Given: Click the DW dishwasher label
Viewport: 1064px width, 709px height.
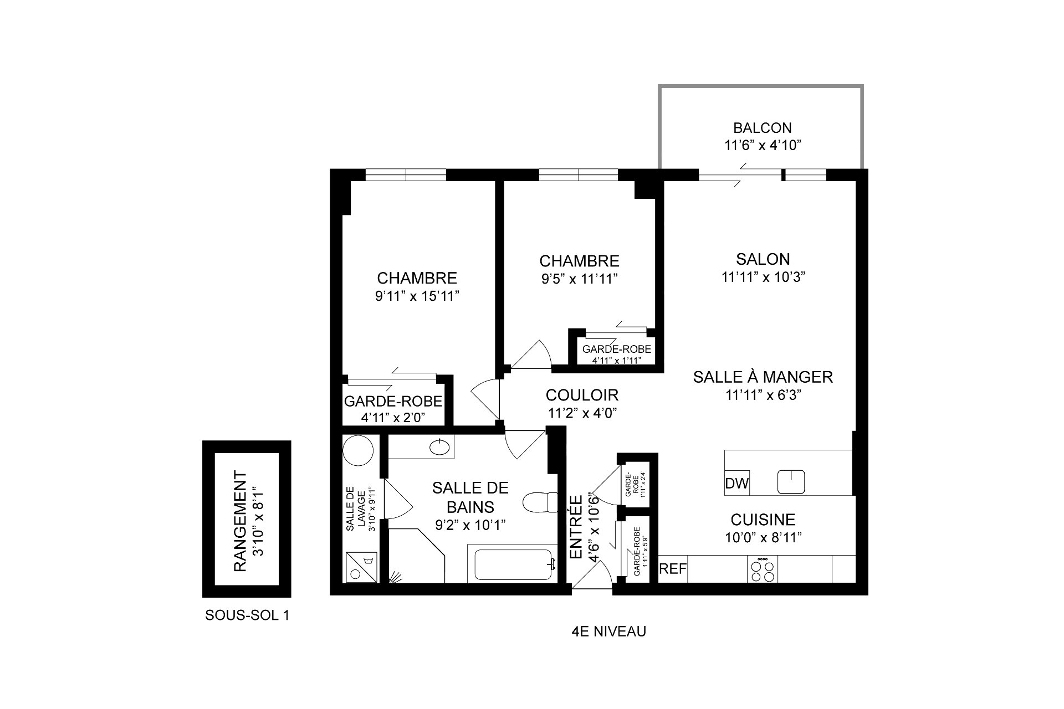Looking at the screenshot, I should [x=736, y=483].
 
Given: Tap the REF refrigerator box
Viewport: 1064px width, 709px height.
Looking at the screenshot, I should [x=673, y=569].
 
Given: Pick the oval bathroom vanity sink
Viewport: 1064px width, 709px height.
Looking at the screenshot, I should [x=440, y=446].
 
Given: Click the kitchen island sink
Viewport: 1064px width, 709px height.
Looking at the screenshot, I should [x=791, y=481].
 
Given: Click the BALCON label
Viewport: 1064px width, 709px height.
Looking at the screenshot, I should [x=763, y=128].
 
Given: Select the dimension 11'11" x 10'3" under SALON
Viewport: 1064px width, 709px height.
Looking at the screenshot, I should [x=763, y=277].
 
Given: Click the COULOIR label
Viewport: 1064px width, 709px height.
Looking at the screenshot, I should [x=582, y=395].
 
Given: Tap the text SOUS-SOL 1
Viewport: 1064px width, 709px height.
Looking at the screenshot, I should [x=247, y=615].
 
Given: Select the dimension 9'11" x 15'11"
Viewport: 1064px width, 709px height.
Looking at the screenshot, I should [x=417, y=296].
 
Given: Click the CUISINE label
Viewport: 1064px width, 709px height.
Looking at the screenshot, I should [x=763, y=520].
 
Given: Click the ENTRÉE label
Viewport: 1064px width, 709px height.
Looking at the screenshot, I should [x=576, y=527].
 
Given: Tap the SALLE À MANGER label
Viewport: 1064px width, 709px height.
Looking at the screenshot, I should [x=763, y=377].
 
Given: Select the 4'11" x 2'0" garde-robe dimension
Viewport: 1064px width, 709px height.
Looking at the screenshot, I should [x=393, y=417].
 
